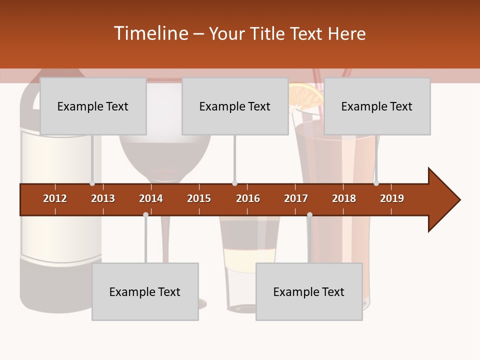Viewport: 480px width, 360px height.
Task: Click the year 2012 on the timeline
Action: pyautogui.click(x=55, y=198)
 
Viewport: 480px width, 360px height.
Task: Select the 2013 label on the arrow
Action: pyautogui.click(x=103, y=198)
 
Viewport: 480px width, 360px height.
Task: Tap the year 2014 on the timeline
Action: pyautogui.click(x=151, y=198)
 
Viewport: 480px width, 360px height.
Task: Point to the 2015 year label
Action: pyautogui.click(x=199, y=198)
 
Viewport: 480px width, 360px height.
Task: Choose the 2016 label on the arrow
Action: pyautogui.click(x=248, y=198)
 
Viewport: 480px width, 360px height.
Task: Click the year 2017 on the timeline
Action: pyautogui.click(x=296, y=198)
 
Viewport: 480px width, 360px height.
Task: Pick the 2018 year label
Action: pyautogui.click(x=344, y=198)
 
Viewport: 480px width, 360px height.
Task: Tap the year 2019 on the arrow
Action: pyautogui.click(x=392, y=198)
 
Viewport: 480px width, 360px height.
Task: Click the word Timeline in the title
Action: pyautogui.click(x=150, y=33)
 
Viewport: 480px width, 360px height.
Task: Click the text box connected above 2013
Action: pyautogui.click(x=93, y=106)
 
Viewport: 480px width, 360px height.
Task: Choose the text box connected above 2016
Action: pyautogui.click(x=235, y=106)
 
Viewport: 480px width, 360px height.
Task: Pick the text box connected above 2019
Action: pyautogui.click(x=377, y=106)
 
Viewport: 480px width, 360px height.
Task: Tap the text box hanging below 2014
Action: pyautogui.click(x=145, y=291)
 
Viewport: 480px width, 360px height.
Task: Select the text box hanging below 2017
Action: pyautogui.click(x=309, y=291)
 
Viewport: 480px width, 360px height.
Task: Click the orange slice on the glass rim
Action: pyautogui.click(x=306, y=95)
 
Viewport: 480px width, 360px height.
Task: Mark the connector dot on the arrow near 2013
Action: pyautogui.click(x=92, y=183)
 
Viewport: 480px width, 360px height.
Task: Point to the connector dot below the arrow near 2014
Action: pyautogui.click(x=145, y=214)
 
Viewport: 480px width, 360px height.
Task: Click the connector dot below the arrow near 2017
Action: pyautogui.click(x=309, y=214)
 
